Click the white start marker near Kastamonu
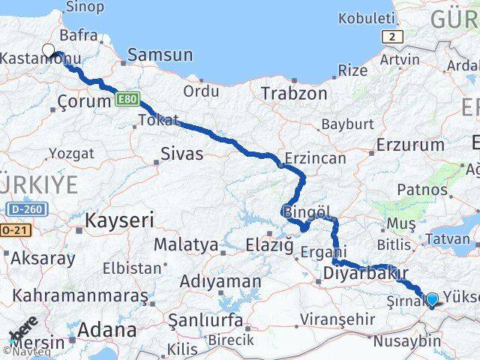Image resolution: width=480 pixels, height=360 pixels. coord(49,51)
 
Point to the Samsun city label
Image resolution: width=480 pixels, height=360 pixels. coord(160,55)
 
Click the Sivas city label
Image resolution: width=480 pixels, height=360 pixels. coord(182,154)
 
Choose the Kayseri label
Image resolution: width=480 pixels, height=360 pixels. coord(119,220)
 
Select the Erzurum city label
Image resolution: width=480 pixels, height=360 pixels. coord(411,145)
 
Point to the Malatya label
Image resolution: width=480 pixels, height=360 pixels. coord(185,244)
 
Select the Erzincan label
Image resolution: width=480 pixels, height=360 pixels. coord(315,158)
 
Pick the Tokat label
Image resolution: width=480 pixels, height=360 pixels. coord(158,120)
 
